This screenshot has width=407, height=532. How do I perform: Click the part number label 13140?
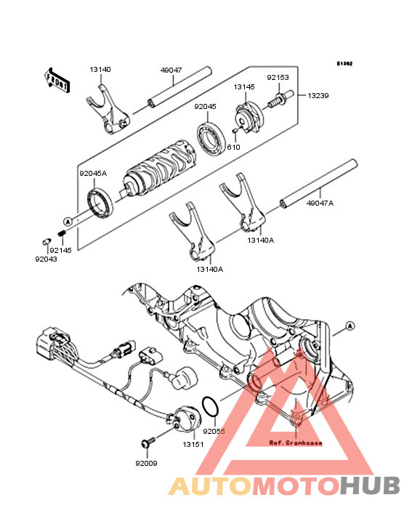pos(100,70)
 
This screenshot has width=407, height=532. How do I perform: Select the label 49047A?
pos(321,204)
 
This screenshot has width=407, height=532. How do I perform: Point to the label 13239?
pos(318,95)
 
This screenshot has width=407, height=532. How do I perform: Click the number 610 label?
pos(233,147)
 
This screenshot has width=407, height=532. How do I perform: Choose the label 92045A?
pos(93,174)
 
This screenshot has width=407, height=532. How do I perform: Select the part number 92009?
pos(145,462)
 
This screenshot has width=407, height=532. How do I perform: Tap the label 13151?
pos(193,444)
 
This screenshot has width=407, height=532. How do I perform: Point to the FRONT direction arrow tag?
pos(58,80)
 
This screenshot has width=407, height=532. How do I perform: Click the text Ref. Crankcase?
pos(295,443)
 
